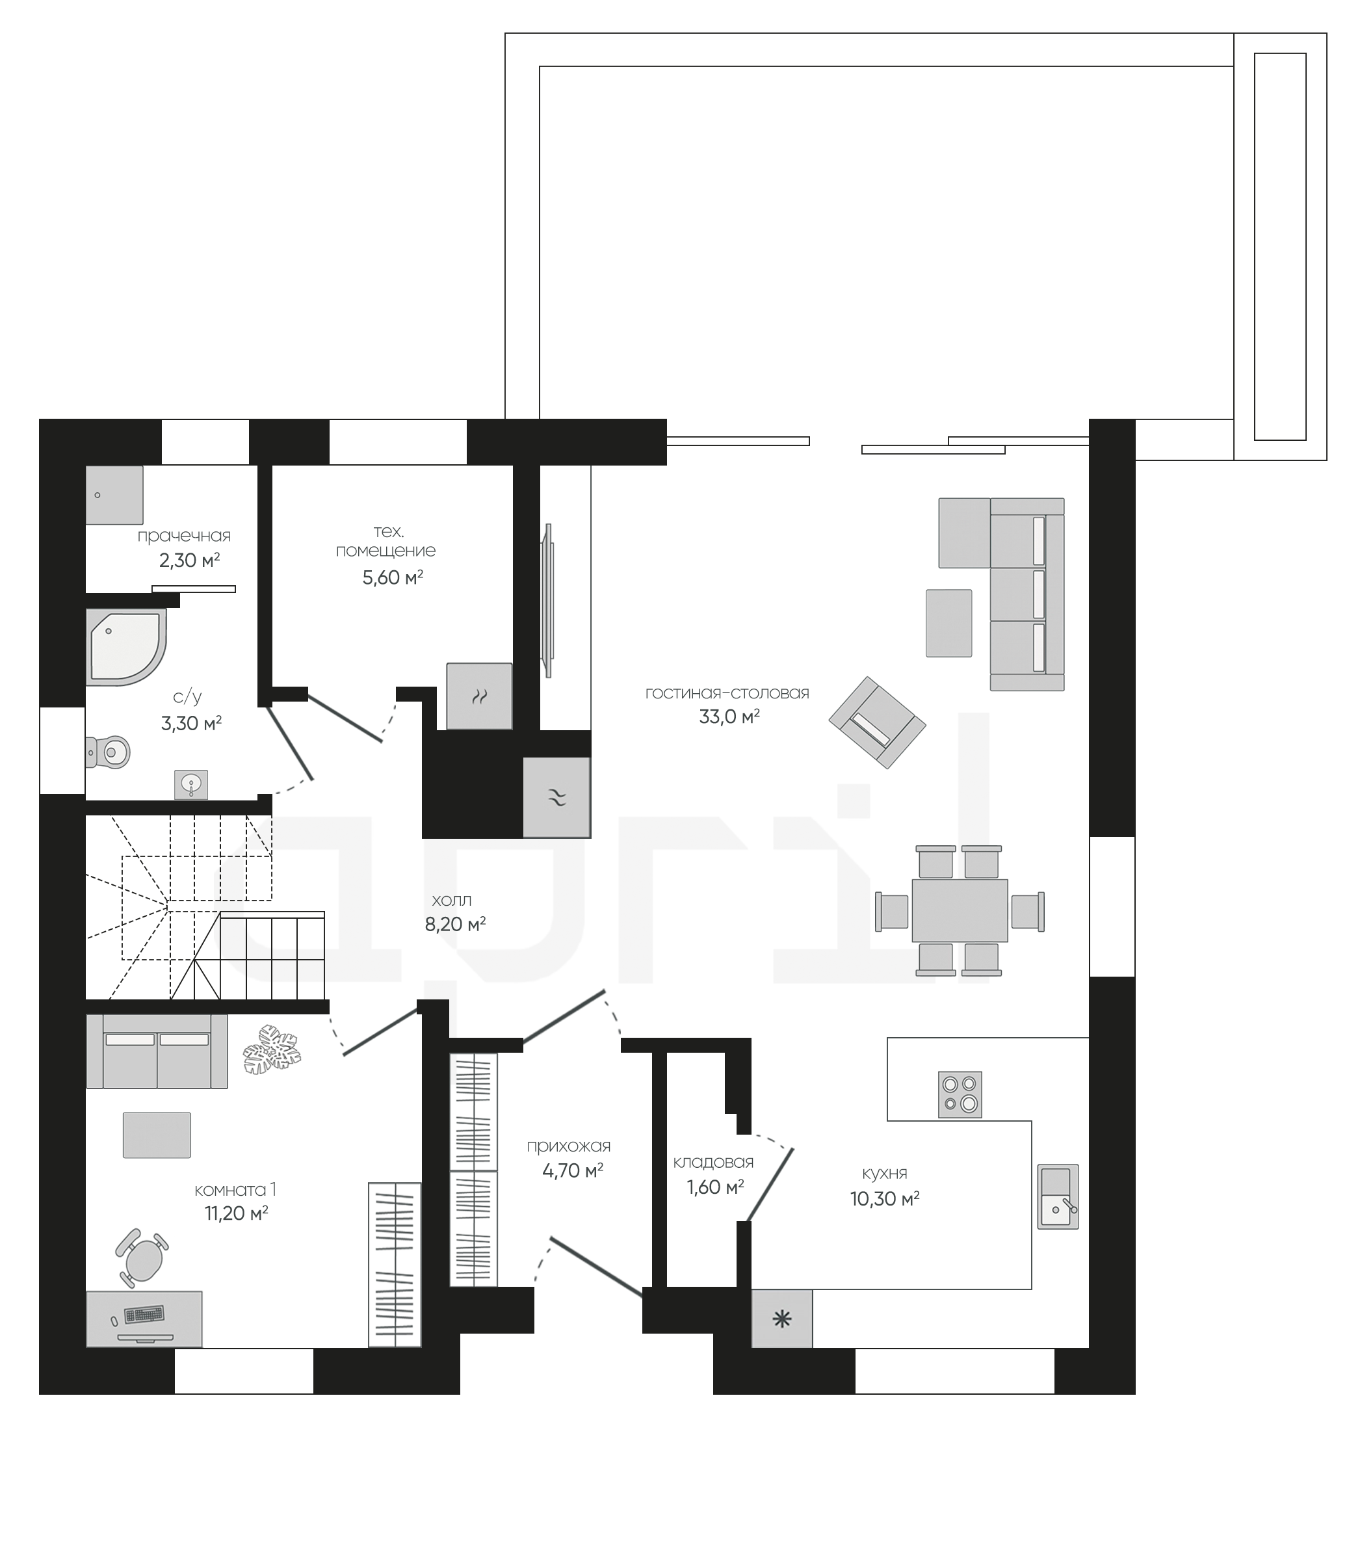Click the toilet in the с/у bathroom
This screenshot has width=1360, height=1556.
pos(109,752)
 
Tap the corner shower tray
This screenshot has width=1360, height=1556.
pos(125,648)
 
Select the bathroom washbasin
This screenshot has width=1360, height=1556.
pos(190,784)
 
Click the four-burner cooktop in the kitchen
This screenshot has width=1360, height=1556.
pos(960,1094)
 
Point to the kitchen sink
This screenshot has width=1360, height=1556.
pos(1058,1196)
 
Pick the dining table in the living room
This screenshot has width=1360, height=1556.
pos(960,910)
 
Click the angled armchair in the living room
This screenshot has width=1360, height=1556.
pos(878,722)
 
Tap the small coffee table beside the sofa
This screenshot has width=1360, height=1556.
pos(948,623)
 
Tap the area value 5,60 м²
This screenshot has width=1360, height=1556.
pos(393,577)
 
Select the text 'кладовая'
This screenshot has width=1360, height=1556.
pos(713,1162)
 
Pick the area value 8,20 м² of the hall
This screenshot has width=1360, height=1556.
pos(455,924)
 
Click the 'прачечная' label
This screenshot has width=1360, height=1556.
pos(184,536)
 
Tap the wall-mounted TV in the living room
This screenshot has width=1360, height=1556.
pos(547,600)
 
